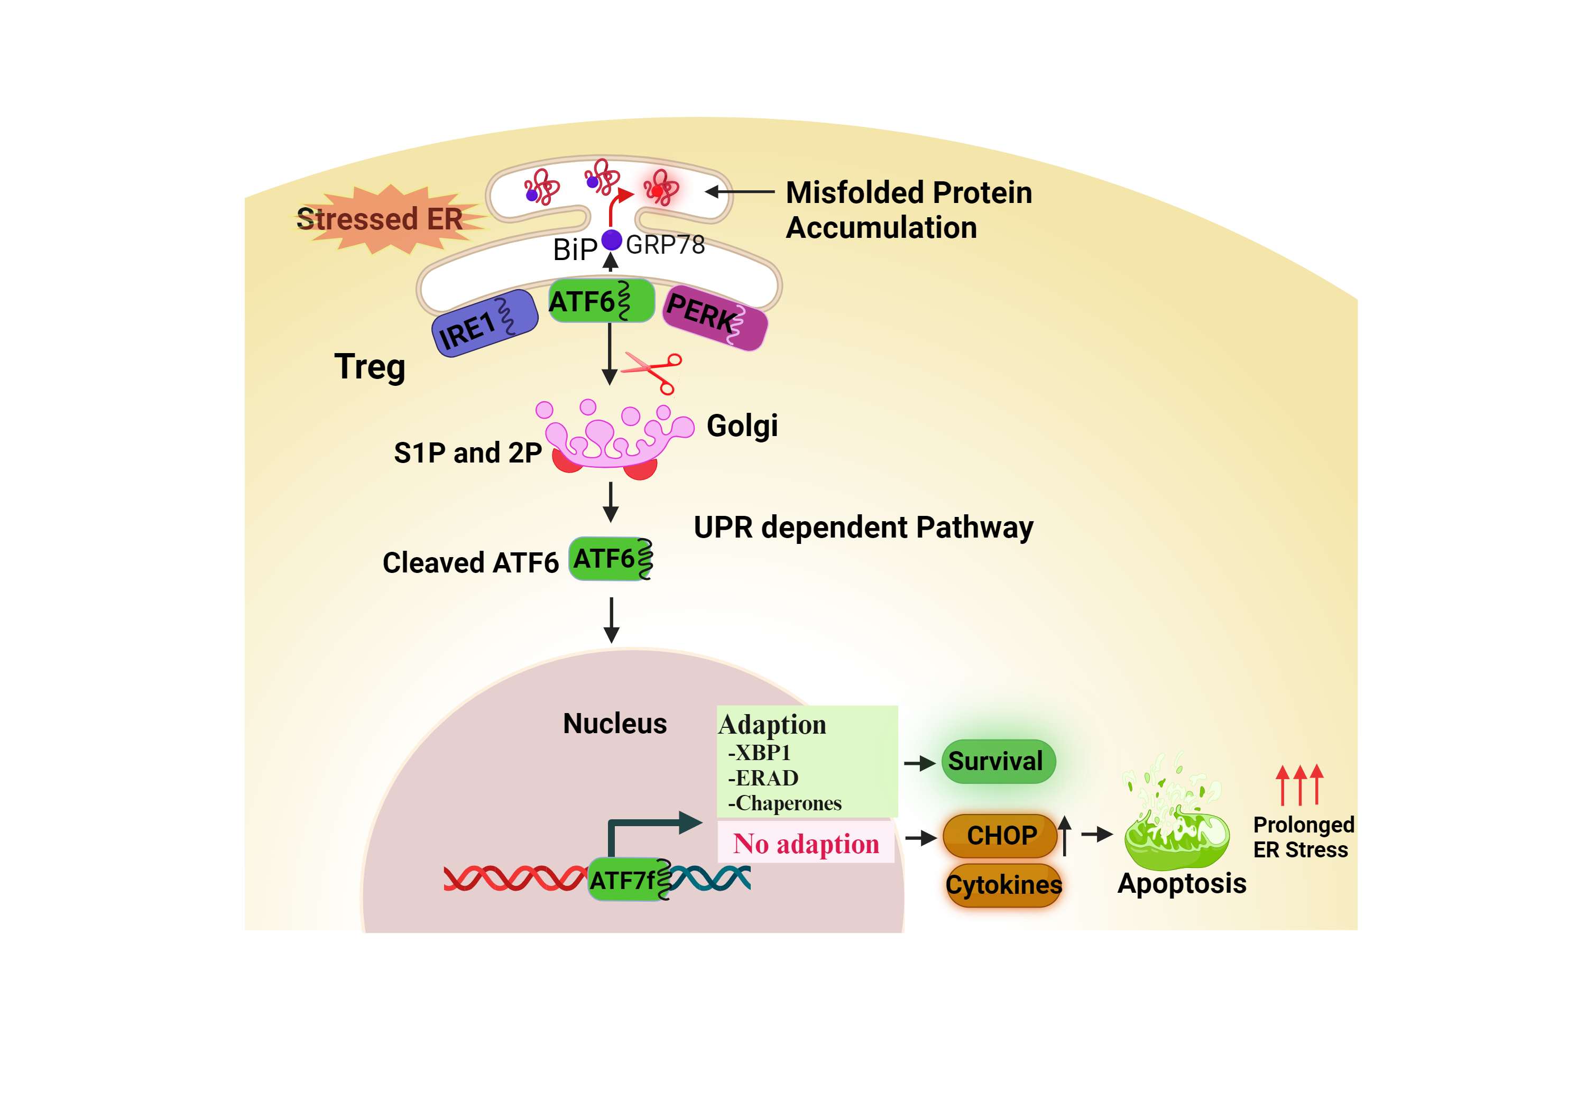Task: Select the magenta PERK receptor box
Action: pos(715,317)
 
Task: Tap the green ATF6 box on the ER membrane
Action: pos(600,300)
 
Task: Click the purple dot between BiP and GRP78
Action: pos(611,239)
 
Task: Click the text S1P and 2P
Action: pos(468,453)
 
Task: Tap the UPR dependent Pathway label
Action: pos(863,528)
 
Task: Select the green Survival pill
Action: pos(998,761)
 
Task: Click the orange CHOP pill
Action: pos(1000,836)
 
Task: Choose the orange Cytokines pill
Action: pos(1003,885)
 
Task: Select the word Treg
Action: pos(370,367)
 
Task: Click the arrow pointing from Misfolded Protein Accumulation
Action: pos(739,192)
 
